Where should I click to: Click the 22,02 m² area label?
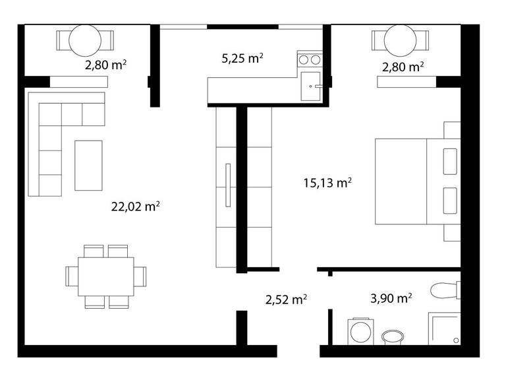(x=136, y=207)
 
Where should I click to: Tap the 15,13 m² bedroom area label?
(x=327, y=183)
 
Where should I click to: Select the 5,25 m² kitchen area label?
(x=242, y=58)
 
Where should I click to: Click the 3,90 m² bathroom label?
(x=391, y=298)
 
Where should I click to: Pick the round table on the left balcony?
(x=85, y=40)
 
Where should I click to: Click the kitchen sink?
(x=310, y=86)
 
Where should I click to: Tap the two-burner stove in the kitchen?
(x=310, y=60)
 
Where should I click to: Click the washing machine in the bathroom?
(x=360, y=331)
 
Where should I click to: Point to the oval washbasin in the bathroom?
(x=395, y=338)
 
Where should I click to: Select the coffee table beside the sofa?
(x=89, y=165)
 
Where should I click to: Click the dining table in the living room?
(x=105, y=276)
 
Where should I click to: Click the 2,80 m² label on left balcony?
(x=105, y=65)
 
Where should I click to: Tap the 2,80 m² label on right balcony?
(x=403, y=66)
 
